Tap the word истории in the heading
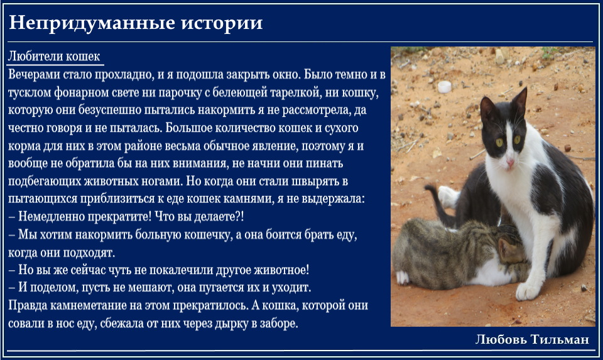[222, 23]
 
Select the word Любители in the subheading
[35, 56]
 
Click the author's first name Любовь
[501, 339]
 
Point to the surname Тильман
[560, 339]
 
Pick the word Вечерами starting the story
[34, 74]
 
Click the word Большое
[189, 128]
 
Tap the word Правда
[27, 305]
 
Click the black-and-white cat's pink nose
[509, 163]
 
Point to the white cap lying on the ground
[444, 87]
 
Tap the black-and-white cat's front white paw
[528, 291]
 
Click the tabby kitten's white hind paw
[402, 277]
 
